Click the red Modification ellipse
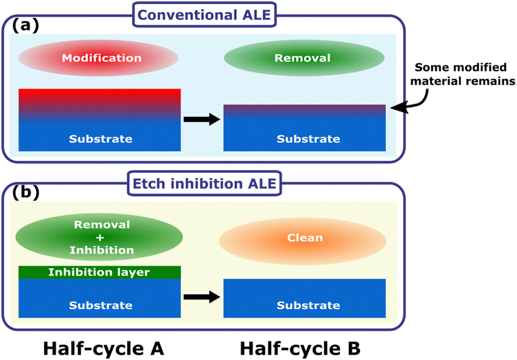pyautogui.click(x=98, y=58)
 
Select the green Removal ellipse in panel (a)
pyautogui.click(x=304, y=58)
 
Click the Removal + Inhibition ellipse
pyautogui.click(x=99, y=237)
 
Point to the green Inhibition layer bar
pyautogui.click(x=100, y=273)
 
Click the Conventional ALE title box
pyautogui.click(x=205, y=15)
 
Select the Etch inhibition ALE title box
pyautogui.click(x=205, y=183)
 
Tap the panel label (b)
pyautogui.click(x=26, y=192)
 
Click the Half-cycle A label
pyautogui.click(x=103, y=348)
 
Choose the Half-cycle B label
pyautogui.click(x=300, y=348)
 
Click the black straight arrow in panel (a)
pyautogui.click(x=202, y=119)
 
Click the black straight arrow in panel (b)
pyautogui.click(x=202, y=297)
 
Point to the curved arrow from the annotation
pyautogui.click(x=418, y=104)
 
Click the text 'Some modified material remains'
pyautogui.click(x=462, y=74)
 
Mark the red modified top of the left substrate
pyautogui.click(x=100, y=102)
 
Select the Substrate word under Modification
pyautogui.click(x=101, y=139)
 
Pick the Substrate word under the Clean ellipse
pyautogui.click(x=308, y=305)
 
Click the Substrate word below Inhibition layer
pyautogui.click(x=101, y=305)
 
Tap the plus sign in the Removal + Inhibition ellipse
pyautogui.click(x=100, y=238)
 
